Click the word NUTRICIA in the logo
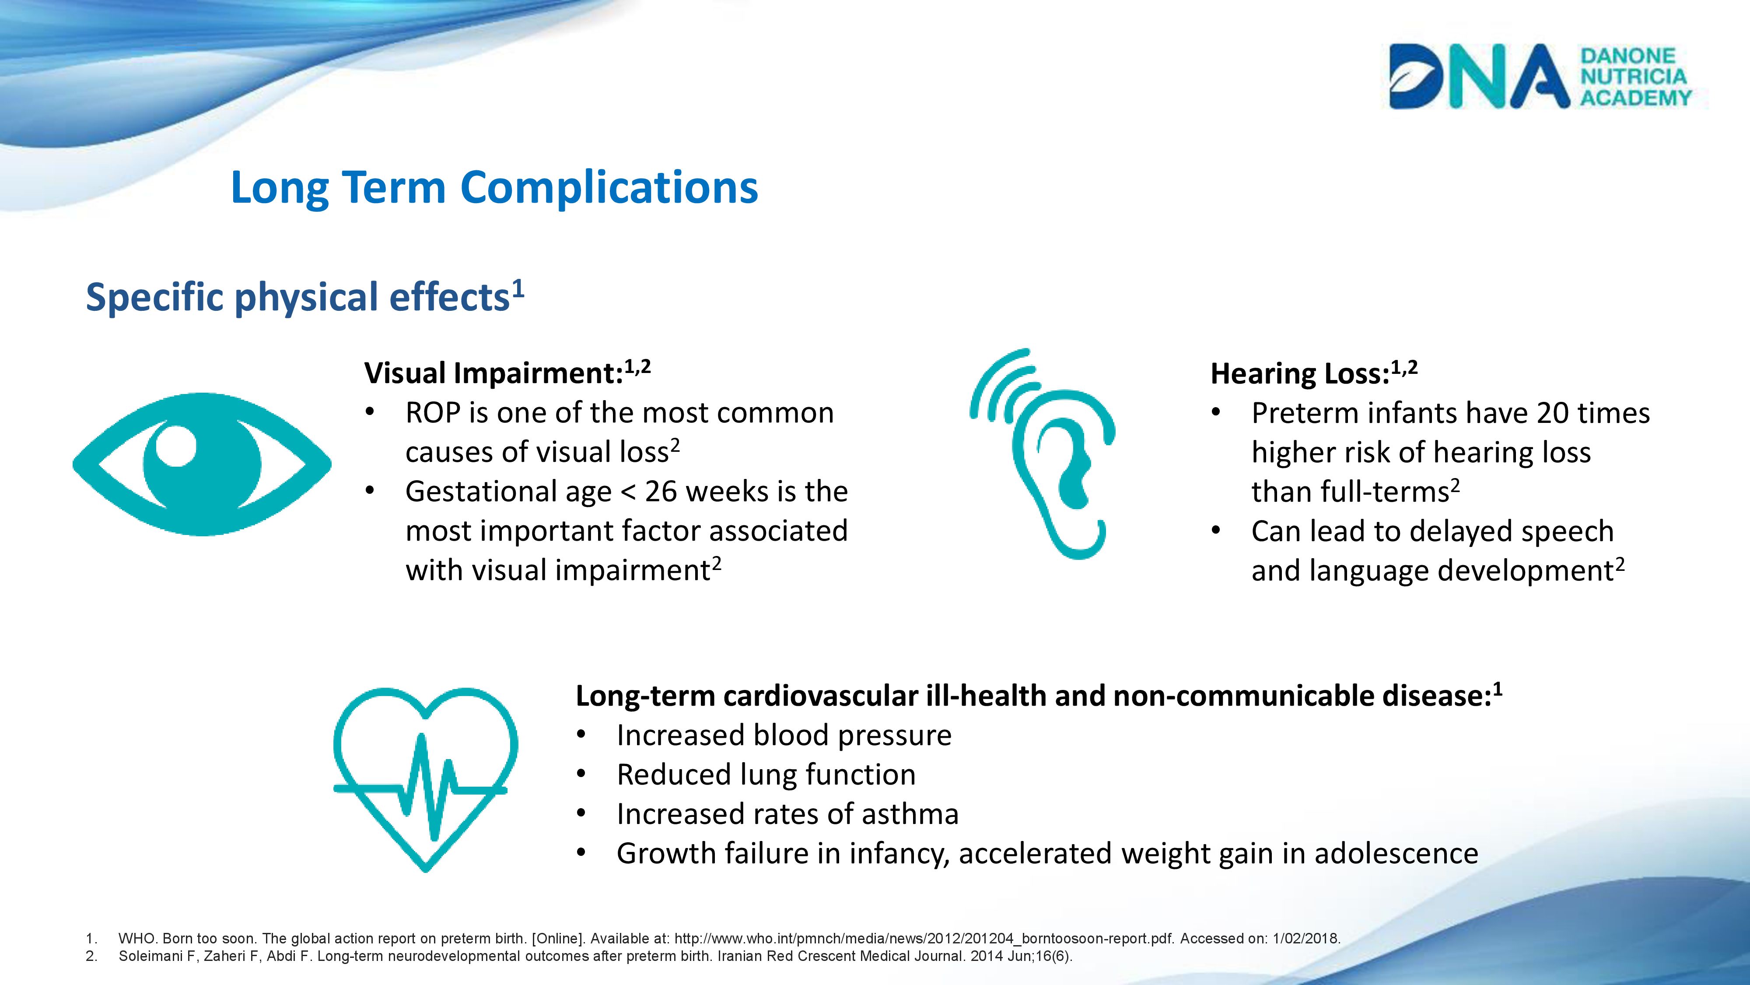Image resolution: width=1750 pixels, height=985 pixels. click(1633, 76)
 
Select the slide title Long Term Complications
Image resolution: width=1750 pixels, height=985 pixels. click(494, 188)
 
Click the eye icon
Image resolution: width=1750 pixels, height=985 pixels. click(202, 464)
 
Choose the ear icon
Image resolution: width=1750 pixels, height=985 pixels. click(1043, 454)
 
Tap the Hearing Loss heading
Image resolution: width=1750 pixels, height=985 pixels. click(1314, 373)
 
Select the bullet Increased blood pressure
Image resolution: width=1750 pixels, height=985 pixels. click(784, 735)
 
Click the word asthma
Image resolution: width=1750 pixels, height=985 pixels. click(910, 814)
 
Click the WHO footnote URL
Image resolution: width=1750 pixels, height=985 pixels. click(924, 939)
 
